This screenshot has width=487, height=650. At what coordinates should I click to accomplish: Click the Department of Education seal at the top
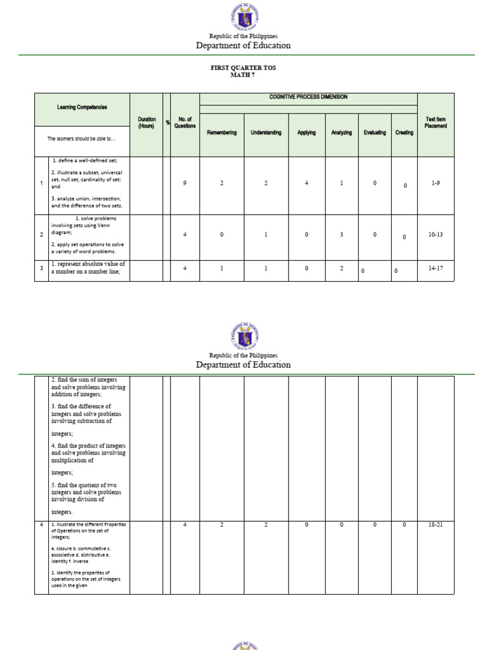(x=243, y=17)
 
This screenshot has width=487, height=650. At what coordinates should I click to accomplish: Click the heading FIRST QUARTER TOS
(x=243, y=67)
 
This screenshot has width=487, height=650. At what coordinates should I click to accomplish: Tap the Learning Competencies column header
(x=82, y=107)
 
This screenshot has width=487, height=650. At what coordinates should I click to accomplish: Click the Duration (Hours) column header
(x=146, y=123)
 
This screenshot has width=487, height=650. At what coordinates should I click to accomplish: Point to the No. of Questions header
(x=185, y=123)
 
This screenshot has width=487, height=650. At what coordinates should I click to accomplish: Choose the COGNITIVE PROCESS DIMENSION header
(x=308, y=97)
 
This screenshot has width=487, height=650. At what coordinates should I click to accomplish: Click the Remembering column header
(x=222, y=133)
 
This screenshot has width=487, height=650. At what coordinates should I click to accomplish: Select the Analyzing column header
(x=341, y=133)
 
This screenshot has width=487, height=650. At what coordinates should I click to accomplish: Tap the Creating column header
(x=404, y=133)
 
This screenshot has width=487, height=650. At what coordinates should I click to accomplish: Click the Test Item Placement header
(x=436, y=123)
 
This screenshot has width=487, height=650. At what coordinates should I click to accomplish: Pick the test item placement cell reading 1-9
(x=436, y=183)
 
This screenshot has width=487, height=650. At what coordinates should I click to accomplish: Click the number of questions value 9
(x=185, y=183)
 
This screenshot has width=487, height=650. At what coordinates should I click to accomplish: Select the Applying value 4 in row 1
(x=306, y=183)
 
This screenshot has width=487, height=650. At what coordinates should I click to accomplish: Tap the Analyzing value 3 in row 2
(x=341, y=235)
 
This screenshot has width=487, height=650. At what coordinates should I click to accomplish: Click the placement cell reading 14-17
(x=436, y=269)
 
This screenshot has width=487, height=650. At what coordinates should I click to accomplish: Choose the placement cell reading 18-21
(x=436, y=525)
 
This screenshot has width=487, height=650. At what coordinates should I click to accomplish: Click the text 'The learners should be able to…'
(x=82, y=138)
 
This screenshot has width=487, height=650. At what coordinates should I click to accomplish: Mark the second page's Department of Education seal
(x=243, y=336)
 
